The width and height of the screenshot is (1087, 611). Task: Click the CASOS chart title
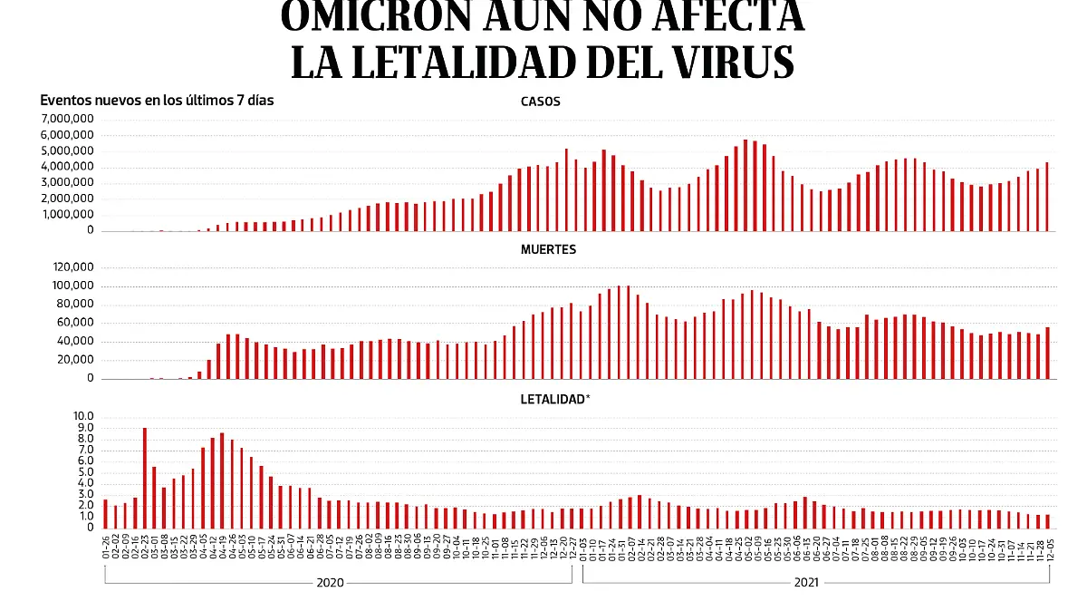540,102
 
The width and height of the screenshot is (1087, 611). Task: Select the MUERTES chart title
546,249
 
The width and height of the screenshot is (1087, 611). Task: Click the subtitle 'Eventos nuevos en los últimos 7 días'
157,101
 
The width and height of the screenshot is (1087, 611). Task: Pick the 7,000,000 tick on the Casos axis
66,120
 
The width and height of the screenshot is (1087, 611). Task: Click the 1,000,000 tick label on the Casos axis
66,215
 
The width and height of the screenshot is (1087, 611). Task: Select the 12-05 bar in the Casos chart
1047,197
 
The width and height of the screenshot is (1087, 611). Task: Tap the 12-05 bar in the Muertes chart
1047,353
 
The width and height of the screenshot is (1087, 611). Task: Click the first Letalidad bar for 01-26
106,514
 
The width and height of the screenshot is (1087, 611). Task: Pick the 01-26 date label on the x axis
106,548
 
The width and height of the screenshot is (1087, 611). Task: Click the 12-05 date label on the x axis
1049,548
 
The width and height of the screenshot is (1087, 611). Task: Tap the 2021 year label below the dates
806,584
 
